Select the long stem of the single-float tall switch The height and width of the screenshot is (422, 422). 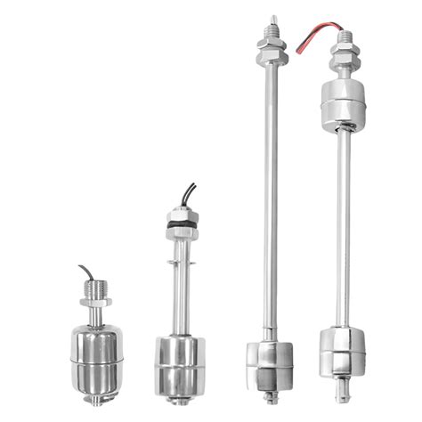coord(266,196)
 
